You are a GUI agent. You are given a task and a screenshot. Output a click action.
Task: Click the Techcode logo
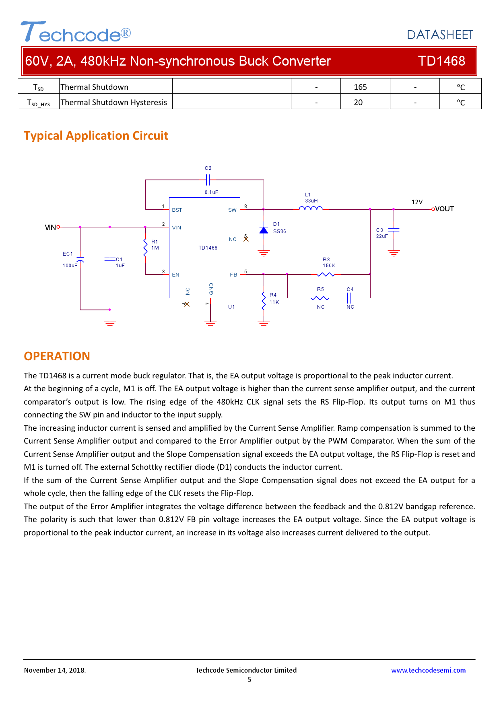75,32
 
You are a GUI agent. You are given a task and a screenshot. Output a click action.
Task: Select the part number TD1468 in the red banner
441,61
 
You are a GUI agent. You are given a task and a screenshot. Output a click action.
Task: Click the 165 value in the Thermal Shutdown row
360,87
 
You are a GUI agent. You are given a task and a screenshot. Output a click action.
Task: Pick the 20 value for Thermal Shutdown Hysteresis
358,102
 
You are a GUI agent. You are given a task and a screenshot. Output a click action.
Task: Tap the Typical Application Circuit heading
96,136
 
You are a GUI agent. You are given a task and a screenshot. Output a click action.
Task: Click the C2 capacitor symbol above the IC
208,180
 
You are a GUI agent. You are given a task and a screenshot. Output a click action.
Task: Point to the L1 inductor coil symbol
311,208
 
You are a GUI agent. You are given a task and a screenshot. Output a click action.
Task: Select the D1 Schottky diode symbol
264,230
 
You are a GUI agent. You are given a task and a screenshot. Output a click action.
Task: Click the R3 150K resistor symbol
326,275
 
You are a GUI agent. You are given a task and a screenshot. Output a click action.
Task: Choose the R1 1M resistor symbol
145,247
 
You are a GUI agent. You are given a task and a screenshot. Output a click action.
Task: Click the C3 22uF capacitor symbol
394,230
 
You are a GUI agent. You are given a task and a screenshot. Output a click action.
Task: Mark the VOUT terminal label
444,209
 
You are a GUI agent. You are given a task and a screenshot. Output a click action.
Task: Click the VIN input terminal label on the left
50,227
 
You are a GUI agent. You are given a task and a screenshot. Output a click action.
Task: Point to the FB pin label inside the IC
233,275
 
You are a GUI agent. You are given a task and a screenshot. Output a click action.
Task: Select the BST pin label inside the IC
177,210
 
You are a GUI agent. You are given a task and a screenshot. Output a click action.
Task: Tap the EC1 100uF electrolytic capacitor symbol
80,259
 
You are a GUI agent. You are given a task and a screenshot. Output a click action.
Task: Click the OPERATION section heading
57,356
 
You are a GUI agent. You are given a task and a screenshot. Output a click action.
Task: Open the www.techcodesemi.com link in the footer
428,670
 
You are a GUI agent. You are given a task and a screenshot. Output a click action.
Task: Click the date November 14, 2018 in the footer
55,670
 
